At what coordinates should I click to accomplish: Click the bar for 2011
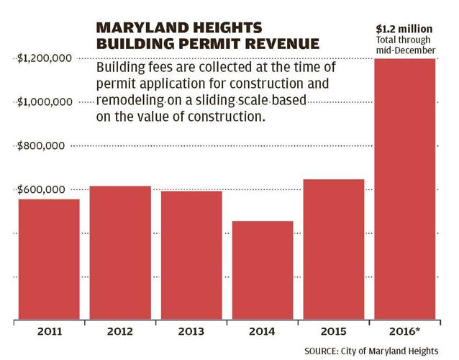click(x=50, y=259)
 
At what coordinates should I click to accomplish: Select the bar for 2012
click(x=120, y=253)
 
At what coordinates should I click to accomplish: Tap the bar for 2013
click(x=191, y=256)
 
